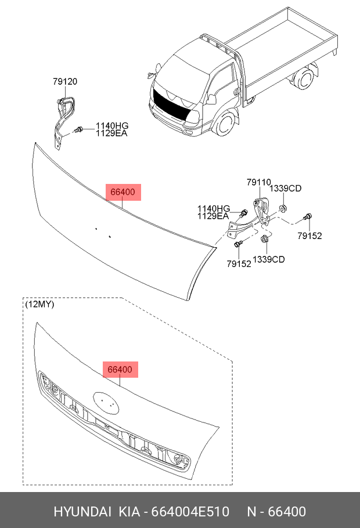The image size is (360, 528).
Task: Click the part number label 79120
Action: coord(64,82)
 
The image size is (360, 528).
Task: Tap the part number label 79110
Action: coord(258,182)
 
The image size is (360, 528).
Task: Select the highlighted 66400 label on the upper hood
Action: coord(123,192)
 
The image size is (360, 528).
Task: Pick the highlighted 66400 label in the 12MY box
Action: coord(121,369)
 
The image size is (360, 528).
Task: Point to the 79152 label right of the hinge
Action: coord(309,236)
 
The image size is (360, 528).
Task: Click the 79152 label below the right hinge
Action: coord(239,264)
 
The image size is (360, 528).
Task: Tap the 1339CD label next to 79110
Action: coord(287,189)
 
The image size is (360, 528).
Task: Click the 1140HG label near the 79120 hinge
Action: coord(112,126)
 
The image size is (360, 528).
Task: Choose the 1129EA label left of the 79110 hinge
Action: coord(213,216)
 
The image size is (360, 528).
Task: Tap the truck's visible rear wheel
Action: coord(302,81)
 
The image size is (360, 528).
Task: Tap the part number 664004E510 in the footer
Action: coord(190,511)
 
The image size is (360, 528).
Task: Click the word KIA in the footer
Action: coord(130,511)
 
